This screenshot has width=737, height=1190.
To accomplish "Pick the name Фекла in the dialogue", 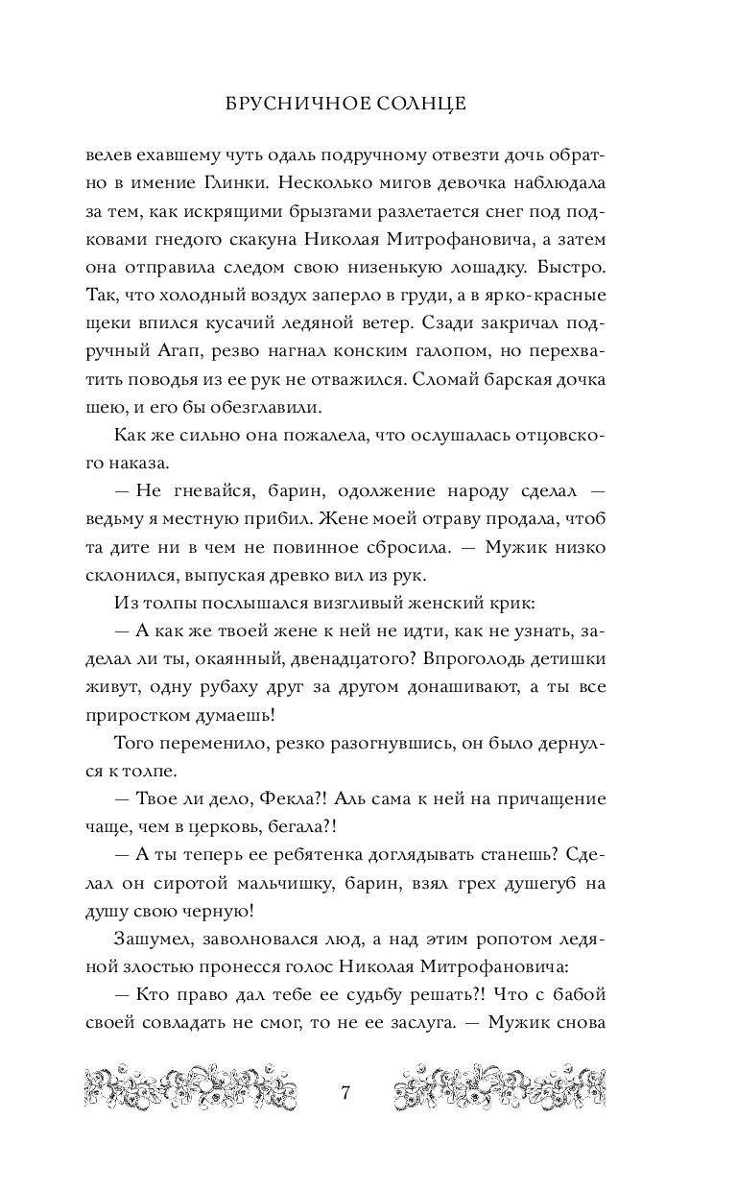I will [295, 799].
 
